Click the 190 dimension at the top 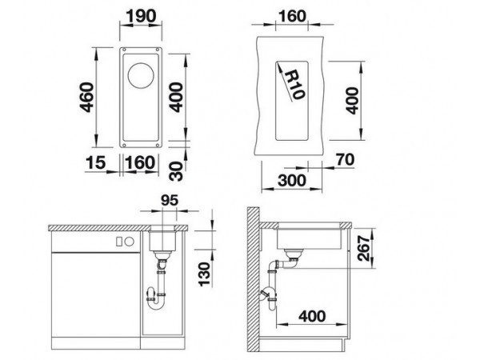click(x=142, y=16)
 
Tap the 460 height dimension click(x=86, y=97)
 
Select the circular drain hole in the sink click(x=141, y=76)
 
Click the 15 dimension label click(x=96, y=162)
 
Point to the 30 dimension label click(x=176, y=171)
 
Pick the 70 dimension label click(x=345, y=159)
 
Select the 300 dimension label click(x=292, y=180)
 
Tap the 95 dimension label click(x=170, y=201)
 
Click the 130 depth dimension click(x=205, y=274)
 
